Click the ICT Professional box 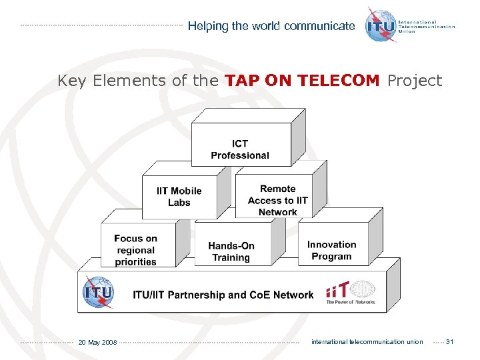[x=240, y=149]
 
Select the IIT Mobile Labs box [x=179, y=197]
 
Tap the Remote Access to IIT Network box [x=277, y=200]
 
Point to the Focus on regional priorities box [x=136, y=249]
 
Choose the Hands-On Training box [x=231, y=251]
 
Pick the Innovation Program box [x=331, y=250]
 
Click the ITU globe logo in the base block [x=98, y=293]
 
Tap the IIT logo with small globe [x=350, y=292]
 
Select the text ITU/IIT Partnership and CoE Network [x=223, y=295]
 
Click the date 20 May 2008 [x=97, y=342]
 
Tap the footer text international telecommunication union [x=367, y=342]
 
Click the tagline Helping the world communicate [x=271, y=26]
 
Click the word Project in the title [x=415, y=81]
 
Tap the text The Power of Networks [x=350, y=302]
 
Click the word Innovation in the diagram [x=331, y=245]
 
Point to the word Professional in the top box [x=240, y=155]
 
